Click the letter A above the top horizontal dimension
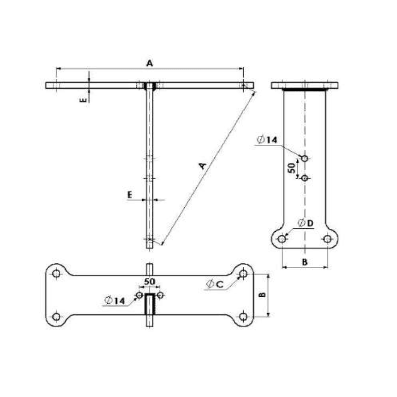tap(149, 63)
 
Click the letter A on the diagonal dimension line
tap(201, 166)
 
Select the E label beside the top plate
tap(84, 99)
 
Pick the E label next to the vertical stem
tap(130, 196)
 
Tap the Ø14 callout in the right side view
tap(266, 140)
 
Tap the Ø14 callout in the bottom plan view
tap(115, 300)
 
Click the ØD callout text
tap(306, 223)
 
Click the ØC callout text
tap(215, 284)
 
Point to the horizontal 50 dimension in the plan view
tap(149, 281)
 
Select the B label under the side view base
tap(305, 261)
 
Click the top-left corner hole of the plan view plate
tap(56, 273)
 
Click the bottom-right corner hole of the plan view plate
tap(243, 317)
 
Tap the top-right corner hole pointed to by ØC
tap(243, 273)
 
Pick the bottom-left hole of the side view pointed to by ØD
tap(282, 239)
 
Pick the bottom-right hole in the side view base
tap(327, 239)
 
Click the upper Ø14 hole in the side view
tap(304, 158)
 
